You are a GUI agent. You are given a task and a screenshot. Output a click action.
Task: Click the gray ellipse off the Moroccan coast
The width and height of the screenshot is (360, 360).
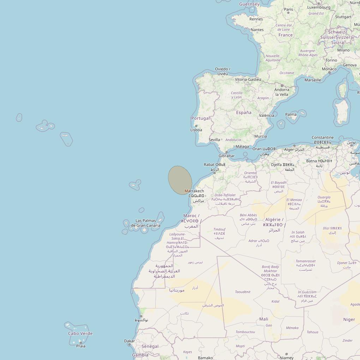(x=180, y=180)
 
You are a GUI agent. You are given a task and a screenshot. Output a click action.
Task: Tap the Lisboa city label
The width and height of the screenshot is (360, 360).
(x=196, y=130)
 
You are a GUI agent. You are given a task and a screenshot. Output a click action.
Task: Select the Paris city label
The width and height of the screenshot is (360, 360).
(x=289, y=10)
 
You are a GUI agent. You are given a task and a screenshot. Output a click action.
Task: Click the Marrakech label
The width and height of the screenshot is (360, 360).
(x=194, y=191)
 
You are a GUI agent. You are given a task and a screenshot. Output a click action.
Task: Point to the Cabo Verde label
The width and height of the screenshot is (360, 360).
(x=80, y=334)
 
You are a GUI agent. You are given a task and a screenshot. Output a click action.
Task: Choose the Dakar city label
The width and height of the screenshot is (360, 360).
(x=130, y=341)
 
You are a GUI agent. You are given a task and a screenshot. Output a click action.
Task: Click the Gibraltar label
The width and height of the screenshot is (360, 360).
(x=226, y=156)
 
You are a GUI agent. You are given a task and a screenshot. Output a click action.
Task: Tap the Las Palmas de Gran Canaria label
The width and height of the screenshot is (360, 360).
(x=146, y=223)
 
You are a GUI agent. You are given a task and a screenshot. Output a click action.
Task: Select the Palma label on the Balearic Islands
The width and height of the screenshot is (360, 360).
(x=291, y=114)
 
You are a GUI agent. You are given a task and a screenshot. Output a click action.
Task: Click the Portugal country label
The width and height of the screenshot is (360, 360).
(x=200, y=118)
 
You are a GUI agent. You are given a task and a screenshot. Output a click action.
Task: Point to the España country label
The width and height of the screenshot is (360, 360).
(x=244, y=113)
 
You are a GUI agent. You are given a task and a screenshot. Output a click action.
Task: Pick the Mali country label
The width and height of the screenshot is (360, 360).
(x=264, y=319)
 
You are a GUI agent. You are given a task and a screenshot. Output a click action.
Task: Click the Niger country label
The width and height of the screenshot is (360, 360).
(x=349, y=319)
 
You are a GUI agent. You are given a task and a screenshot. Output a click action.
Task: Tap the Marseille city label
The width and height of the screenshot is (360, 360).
(x=313, y=80)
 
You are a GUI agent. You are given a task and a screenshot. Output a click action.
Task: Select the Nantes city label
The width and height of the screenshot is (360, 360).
(x=257, y=30)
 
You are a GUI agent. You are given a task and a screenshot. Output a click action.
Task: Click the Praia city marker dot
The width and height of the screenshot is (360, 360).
(x=80, y=342)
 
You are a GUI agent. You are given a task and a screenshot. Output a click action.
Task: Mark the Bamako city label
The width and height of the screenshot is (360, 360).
(x=205, y=358)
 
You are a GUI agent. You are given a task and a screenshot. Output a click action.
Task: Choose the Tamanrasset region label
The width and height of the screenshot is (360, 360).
(x=306, y=262)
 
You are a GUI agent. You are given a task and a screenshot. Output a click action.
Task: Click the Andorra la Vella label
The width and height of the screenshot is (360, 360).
(x=282, y=92)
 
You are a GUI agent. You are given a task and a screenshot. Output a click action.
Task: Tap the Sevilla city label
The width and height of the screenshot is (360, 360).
(x=214, y=140)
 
